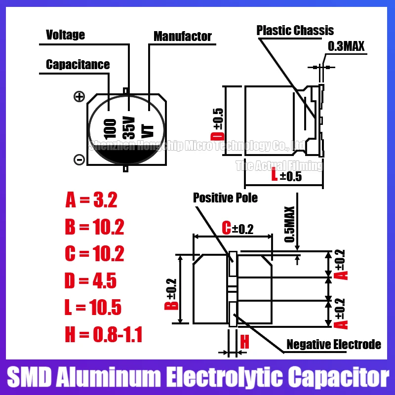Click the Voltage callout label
pyautogui.click(x=65, y=35)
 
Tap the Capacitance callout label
pyautogui.click(x=78, y=65)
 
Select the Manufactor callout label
pyautogui.click(x=182, y=37)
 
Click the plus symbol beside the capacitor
pyautogui.click(x=79, y=97)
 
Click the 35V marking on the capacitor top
pyautogui.click(x=129, y=127)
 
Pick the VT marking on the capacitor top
pyautogui.click(x=148, y=130)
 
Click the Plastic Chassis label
pyautogui.click(x=295, y=31)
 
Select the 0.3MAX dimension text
pyautogui.click(x=346, y=47)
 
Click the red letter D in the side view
pyautogui.click(x=218, y=136)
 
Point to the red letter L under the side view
pyautogui.click(x=275, y=176)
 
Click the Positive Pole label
pyautogui.click(x=225, y=198)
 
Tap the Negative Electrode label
pyautogui.click(x=334, y=345)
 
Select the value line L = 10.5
pyautogui.click(x=93, y=308)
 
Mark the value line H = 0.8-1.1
pyautogui.click(x=103, y=336)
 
